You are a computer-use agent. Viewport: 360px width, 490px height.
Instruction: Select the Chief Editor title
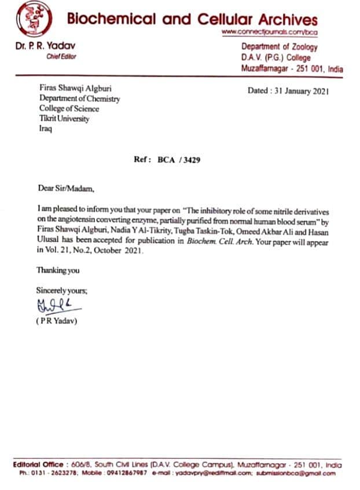[x=61, y=56]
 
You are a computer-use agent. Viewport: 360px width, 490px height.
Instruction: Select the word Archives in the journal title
[x=284, y=19]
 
